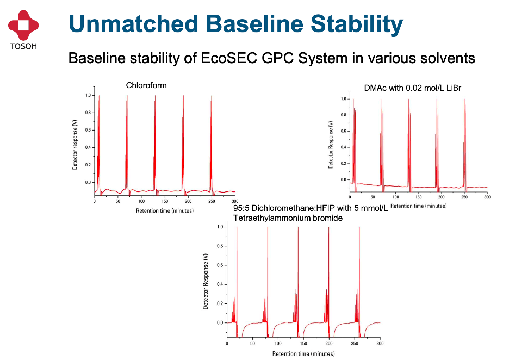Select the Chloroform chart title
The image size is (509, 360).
coord(146,85)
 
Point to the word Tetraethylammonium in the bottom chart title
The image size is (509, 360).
coord(270,218)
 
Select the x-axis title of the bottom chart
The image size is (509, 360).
coord(303,353)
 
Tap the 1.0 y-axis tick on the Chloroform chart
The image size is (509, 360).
coord(88,95)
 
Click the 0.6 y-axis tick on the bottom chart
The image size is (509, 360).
coord(220,265)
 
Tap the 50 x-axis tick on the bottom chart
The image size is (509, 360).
coord(252,344)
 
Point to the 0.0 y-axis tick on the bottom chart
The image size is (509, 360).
coord(220,323)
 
